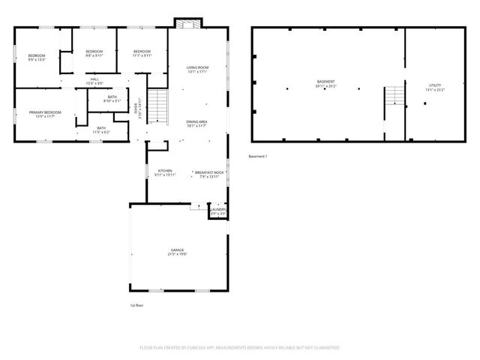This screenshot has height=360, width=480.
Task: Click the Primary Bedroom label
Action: (x=45, y=112)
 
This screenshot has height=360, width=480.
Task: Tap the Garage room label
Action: (x=177, y=250)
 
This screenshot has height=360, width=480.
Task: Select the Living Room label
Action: (x=197, y=68)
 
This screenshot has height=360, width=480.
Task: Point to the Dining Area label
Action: (x=197, y=121)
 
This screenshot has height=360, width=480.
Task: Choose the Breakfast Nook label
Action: (x=210, y=172)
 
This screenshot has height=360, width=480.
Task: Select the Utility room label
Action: (x=435, y=85)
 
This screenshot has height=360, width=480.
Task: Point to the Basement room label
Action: (x=325, y=81)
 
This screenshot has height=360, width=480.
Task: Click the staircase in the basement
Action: (x=394, y=97)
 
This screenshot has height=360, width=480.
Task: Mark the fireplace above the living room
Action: (x=184, y=23)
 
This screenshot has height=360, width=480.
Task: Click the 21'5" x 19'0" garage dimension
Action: (x=177, y=254)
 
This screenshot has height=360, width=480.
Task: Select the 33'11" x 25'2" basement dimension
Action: (x=325, y=85)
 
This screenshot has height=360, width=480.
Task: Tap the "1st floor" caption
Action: (x=137, y=305)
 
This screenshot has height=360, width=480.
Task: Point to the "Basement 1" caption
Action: (x=258, y=156)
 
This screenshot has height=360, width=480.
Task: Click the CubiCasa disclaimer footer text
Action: (x=240, y=348)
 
